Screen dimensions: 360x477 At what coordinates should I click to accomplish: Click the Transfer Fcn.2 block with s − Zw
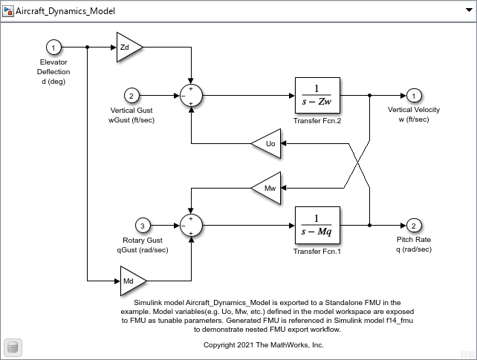pos(317,96)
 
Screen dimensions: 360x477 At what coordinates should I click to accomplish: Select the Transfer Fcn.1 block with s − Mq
pos(317,224)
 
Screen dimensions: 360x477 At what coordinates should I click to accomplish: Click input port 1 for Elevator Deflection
pos(53,48)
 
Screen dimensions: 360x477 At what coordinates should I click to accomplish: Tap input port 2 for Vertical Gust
pos(131,96)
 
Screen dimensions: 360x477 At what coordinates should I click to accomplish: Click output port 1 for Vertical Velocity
pos(414,96)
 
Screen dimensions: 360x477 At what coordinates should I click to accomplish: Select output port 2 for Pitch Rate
pos(414,224)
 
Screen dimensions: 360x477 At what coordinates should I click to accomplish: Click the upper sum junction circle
pos(192,96)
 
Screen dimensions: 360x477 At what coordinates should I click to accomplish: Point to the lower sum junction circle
pos(192,224)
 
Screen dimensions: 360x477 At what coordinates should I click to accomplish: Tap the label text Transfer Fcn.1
pos(317,251)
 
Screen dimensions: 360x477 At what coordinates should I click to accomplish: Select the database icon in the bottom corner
pos(12,347)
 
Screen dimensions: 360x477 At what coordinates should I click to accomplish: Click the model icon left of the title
pos(9,12)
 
